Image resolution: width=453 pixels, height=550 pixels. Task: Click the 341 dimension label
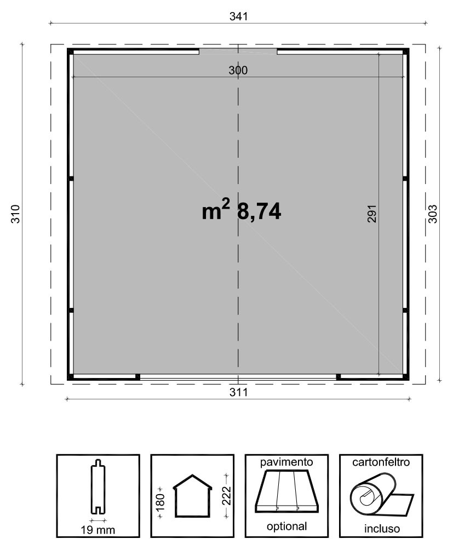(x=238, y=16)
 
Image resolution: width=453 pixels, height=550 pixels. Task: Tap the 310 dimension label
(x=16, y=214)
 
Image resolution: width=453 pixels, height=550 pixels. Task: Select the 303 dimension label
(x=433, y=214)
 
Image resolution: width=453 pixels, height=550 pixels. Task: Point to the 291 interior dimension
(x=371, y=214)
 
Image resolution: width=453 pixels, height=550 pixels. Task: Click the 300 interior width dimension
(x=238, y=71)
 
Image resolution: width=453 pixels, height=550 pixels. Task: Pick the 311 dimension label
(x=238, y=392)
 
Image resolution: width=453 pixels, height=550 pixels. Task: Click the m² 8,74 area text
(x=241, y=210)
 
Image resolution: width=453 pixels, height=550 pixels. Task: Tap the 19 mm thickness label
(x=98, y=530)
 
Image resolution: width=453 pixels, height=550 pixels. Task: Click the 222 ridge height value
(x=227, y=496)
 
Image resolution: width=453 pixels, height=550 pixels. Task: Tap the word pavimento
(x=286, y=462)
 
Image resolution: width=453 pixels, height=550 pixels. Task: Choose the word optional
(x=286, y=526)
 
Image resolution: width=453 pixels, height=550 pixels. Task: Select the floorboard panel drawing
(x=287, y=491)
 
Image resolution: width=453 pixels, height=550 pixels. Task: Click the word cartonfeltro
(x=381, y=462)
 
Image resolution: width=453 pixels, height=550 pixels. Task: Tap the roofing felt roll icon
(x=381, y=495)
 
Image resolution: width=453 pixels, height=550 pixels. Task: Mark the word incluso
(x=382, y=529)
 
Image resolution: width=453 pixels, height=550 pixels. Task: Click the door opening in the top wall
(x=238, y=51)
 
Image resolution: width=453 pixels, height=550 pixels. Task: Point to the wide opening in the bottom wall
(x=238, y=377)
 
